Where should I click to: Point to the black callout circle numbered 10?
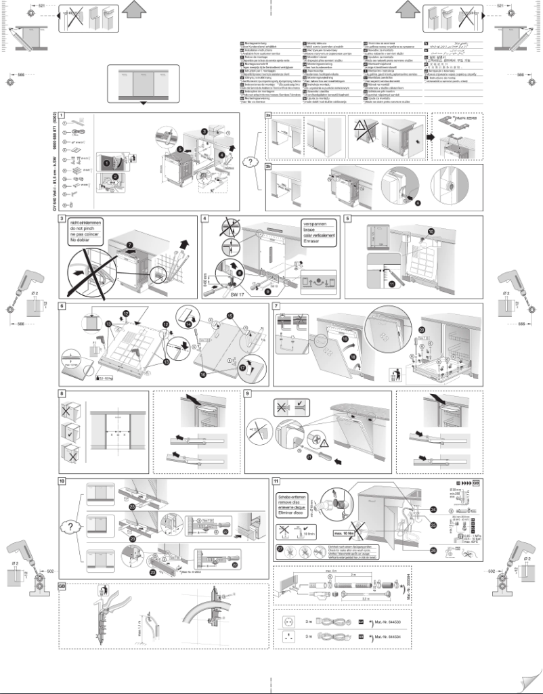click(x=430, y=232)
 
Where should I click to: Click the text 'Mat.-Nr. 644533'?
click(x=393, y=621)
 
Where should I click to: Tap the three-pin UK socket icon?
click(x=292, y=637)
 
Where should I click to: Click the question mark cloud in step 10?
click(x=70, y=525)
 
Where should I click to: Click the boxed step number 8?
click(x=62, y=393)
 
